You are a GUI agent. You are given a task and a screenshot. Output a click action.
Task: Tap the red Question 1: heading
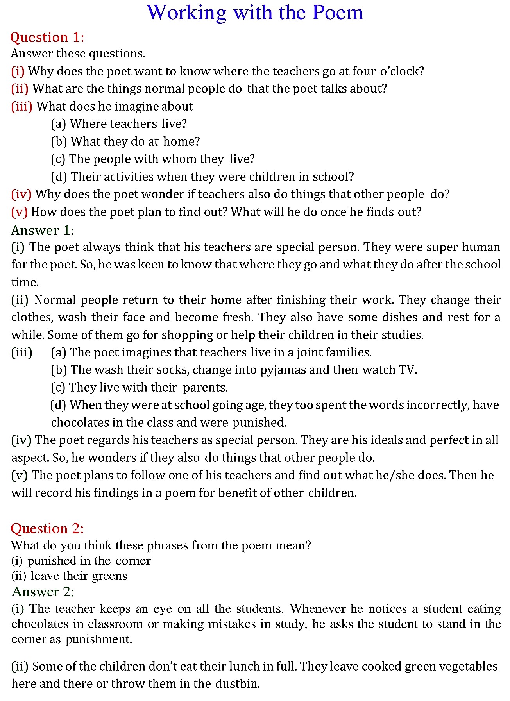[x=47, y=37]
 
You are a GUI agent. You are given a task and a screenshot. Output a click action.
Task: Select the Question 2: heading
[x=47, y=528]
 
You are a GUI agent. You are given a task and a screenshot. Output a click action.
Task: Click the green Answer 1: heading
[x=43, y=230]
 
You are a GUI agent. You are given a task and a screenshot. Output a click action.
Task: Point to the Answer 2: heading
[x=43, y=592]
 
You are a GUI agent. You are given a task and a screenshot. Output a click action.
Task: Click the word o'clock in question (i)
[x=402, y=71]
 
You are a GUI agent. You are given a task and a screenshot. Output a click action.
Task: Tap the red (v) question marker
[x=19, y=212]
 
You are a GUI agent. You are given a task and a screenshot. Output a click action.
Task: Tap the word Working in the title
[x=186, y=13]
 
